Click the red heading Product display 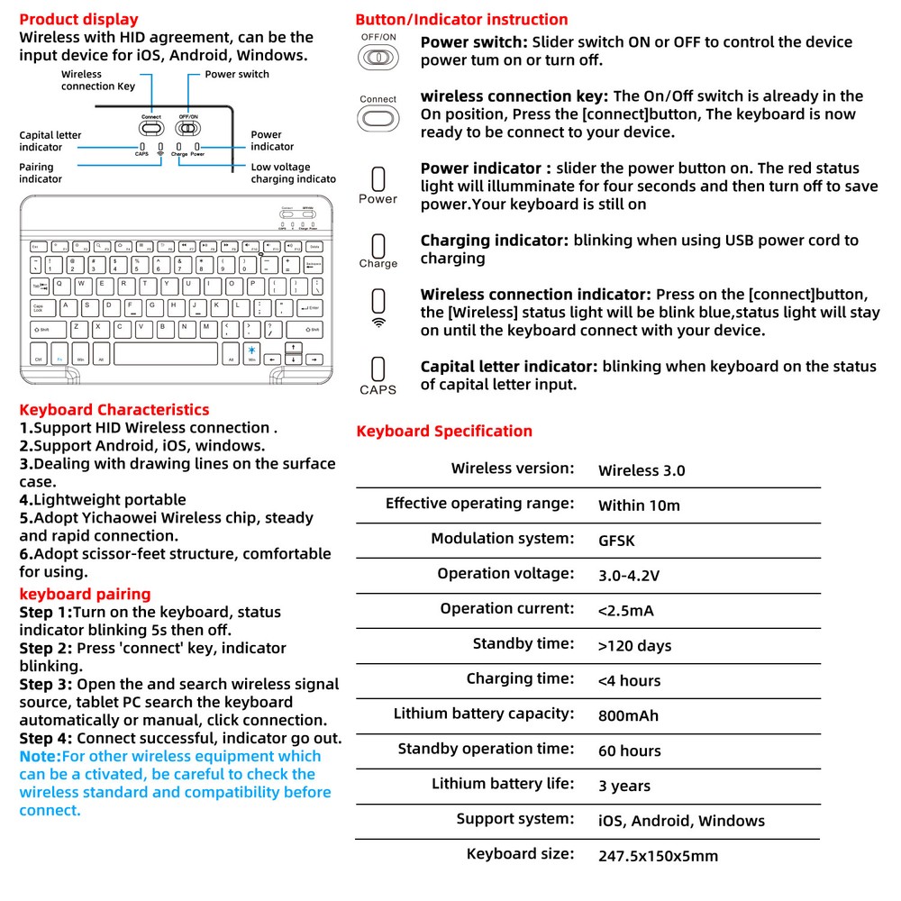coord(78,19)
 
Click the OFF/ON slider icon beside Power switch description coord(378,58)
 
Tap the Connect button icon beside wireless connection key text coord(378,117)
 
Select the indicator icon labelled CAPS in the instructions coord(378,369)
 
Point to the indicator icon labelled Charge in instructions coord(378,245)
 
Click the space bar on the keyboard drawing coord(165,354)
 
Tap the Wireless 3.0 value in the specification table coord(641,470)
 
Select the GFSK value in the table coord(616,541)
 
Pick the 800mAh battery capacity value coord(628,716)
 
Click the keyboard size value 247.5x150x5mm coord(658,856)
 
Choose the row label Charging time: coord(519,678)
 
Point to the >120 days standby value coord(634,646)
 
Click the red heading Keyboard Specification coord(443,431)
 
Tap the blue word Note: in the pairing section coord(40,756)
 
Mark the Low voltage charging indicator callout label coord(293,173)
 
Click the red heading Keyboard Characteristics coord(114,409)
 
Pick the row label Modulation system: coord(501,538)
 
